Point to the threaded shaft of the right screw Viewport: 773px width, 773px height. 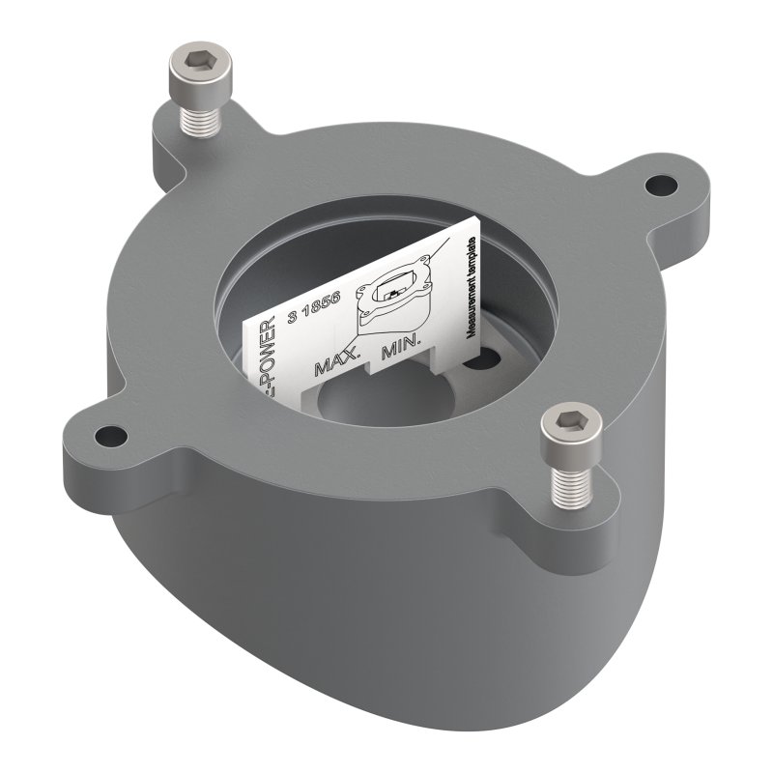click(x=571, y=479)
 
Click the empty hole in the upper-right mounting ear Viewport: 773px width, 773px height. click(x=661, y=182)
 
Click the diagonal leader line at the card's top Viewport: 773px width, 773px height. click(x=440, y=254)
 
